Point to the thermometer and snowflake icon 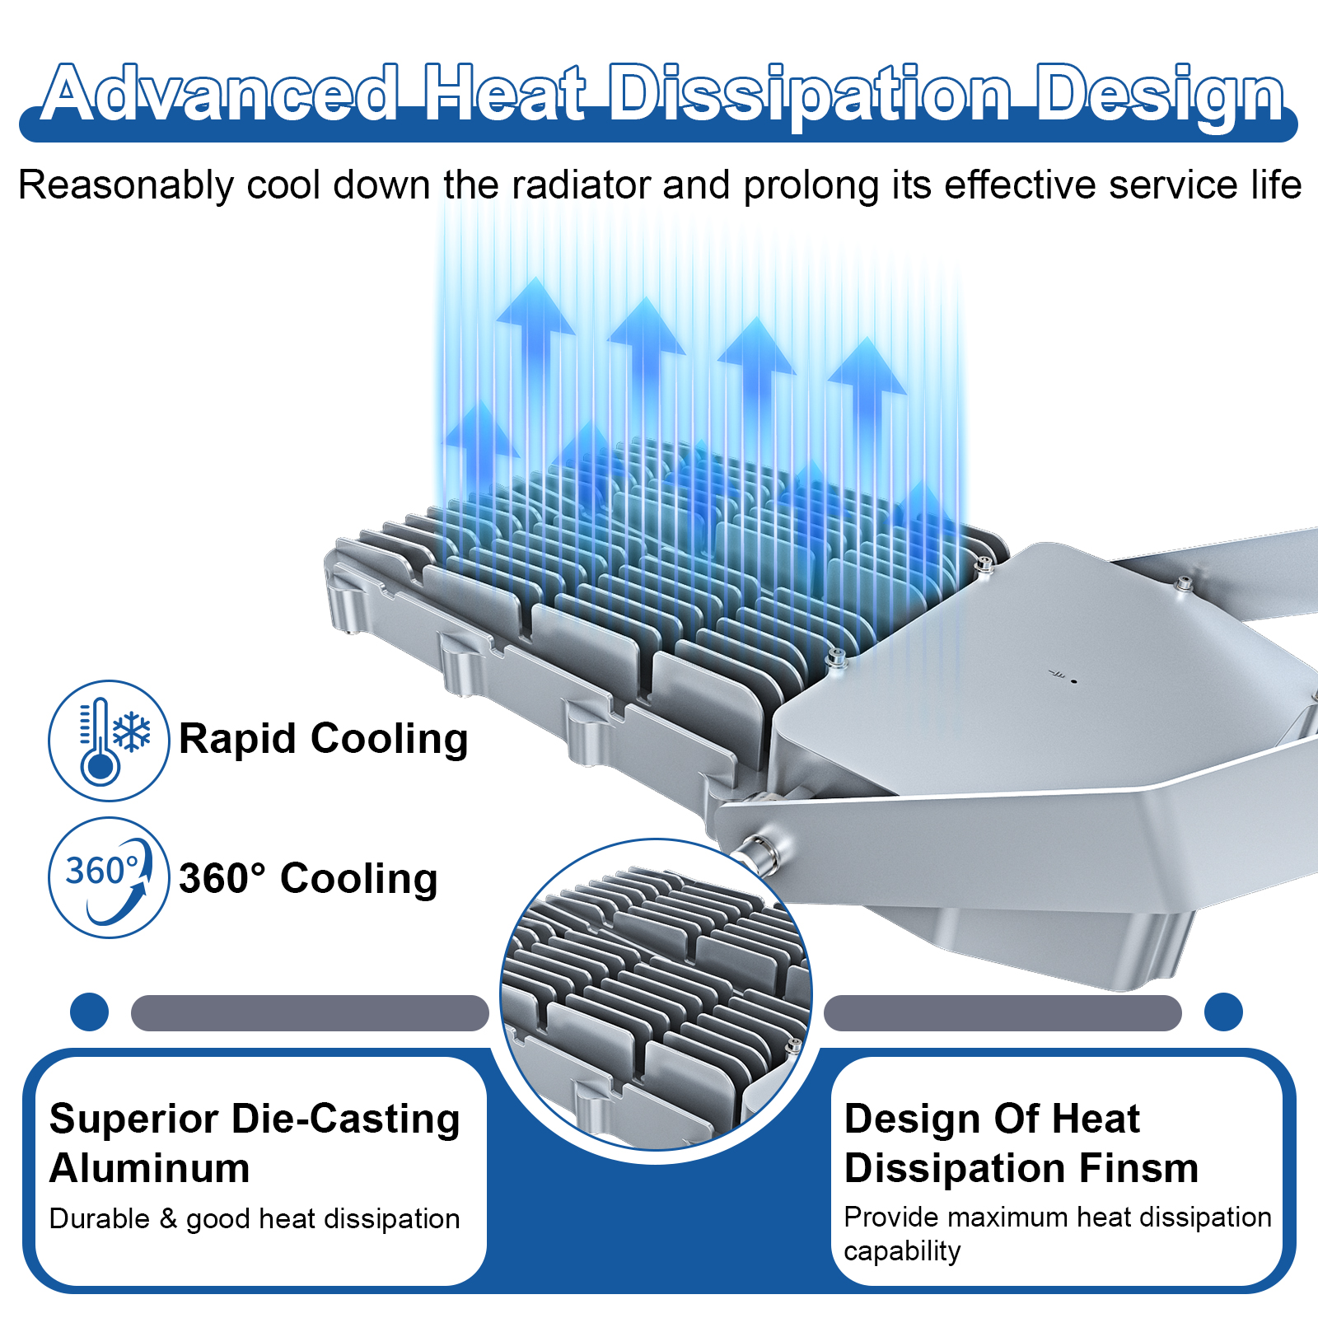pyautogui.click(x=110, y=741)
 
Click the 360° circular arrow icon pyautogui.click(x=110, y=878)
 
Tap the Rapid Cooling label pyautogui.click(x=323, y=738)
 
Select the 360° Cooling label pyautogui.click(x=308, y=878)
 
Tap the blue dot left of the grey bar pyautogui.click(x=90, y=1012)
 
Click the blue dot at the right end pyautogui.click(x=1223, y=1012)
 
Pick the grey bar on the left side pyautogui.click(x=310, y=1012)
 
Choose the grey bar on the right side pyautogui.click(x=1003, y=1012)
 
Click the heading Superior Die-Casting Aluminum pyautogui.click(x=254, y=1143)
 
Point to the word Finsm pyautogui.click(x=1139, y=1168)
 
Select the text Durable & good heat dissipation pyautogui.click(x=254, y=1218)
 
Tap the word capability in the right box pyautogui.click(x=902, y=1250)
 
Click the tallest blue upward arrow pyautogui.click(x=536, y=329)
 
